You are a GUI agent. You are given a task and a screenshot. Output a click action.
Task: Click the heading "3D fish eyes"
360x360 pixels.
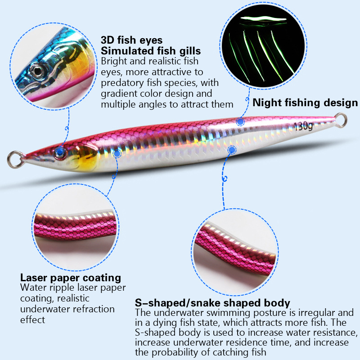click(x=132, y=40)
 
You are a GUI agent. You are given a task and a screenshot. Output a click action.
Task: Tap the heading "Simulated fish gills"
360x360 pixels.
click(x=151, y=50)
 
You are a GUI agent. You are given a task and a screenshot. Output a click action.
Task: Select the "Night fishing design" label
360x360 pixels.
click(x=305, y=103)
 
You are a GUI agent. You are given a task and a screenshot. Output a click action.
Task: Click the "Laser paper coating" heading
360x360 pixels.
click(x=71, y=278)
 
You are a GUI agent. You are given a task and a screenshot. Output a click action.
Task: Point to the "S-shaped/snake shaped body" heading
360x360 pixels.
click(x=212, y=303)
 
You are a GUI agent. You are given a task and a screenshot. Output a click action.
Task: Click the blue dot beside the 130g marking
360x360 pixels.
click(x=240, y=121)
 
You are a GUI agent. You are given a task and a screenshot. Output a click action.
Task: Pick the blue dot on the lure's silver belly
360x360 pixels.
click(x=232, y=150)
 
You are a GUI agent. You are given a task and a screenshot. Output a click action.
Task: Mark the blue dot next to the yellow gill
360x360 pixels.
click(x=117, y=153)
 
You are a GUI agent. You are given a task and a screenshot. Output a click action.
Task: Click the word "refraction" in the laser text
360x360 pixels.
click(x=94, y=309)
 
